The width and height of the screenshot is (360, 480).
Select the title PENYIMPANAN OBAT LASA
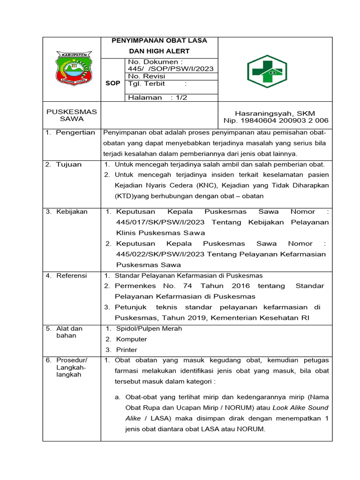pyautogui.click(x=159, y=41)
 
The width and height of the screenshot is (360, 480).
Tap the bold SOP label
pyautogui.click(x=112, y=83)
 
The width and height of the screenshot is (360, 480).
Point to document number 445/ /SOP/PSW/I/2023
pyautogui.click(x=171, y=69)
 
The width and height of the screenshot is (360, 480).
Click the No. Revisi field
pyautogui.click(x=145, y=76)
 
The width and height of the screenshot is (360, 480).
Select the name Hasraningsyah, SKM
pyautogui.click(x=275, y=113)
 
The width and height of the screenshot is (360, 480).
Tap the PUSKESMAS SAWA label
pyautogui.click(x=72, y=115)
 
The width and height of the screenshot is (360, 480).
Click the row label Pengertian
pyautogui.click(x=75, y=133)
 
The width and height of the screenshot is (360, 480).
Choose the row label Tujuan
pyautogui.click(x=69, y=164)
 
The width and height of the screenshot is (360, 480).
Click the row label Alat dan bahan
pyautogui.click(x=69, y=332)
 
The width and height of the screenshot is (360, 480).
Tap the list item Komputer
pyautogui.click(x=132, y=339)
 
